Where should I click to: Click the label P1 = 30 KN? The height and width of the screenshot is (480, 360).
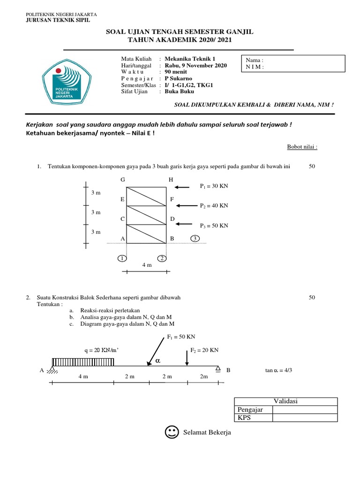coord(213,186)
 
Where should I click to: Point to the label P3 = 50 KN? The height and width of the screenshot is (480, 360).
coord(213,225)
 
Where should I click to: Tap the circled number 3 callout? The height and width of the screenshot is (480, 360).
coord(195,239)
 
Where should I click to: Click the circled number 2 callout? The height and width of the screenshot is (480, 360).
coord(161,258)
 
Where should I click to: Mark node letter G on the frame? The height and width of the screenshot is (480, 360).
coord(123,180)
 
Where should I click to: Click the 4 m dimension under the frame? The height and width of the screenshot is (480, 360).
coord(147,265)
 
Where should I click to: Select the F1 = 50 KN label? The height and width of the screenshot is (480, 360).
coord(181,337)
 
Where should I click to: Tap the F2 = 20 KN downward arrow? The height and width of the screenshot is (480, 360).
coord(187,358)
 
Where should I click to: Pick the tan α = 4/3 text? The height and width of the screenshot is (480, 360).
coord(278,370)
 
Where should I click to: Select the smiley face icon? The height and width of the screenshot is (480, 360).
coord(172,432)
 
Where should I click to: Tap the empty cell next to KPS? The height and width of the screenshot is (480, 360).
coord(305,418)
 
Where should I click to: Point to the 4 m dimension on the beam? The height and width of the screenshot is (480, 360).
coord(82,377)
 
